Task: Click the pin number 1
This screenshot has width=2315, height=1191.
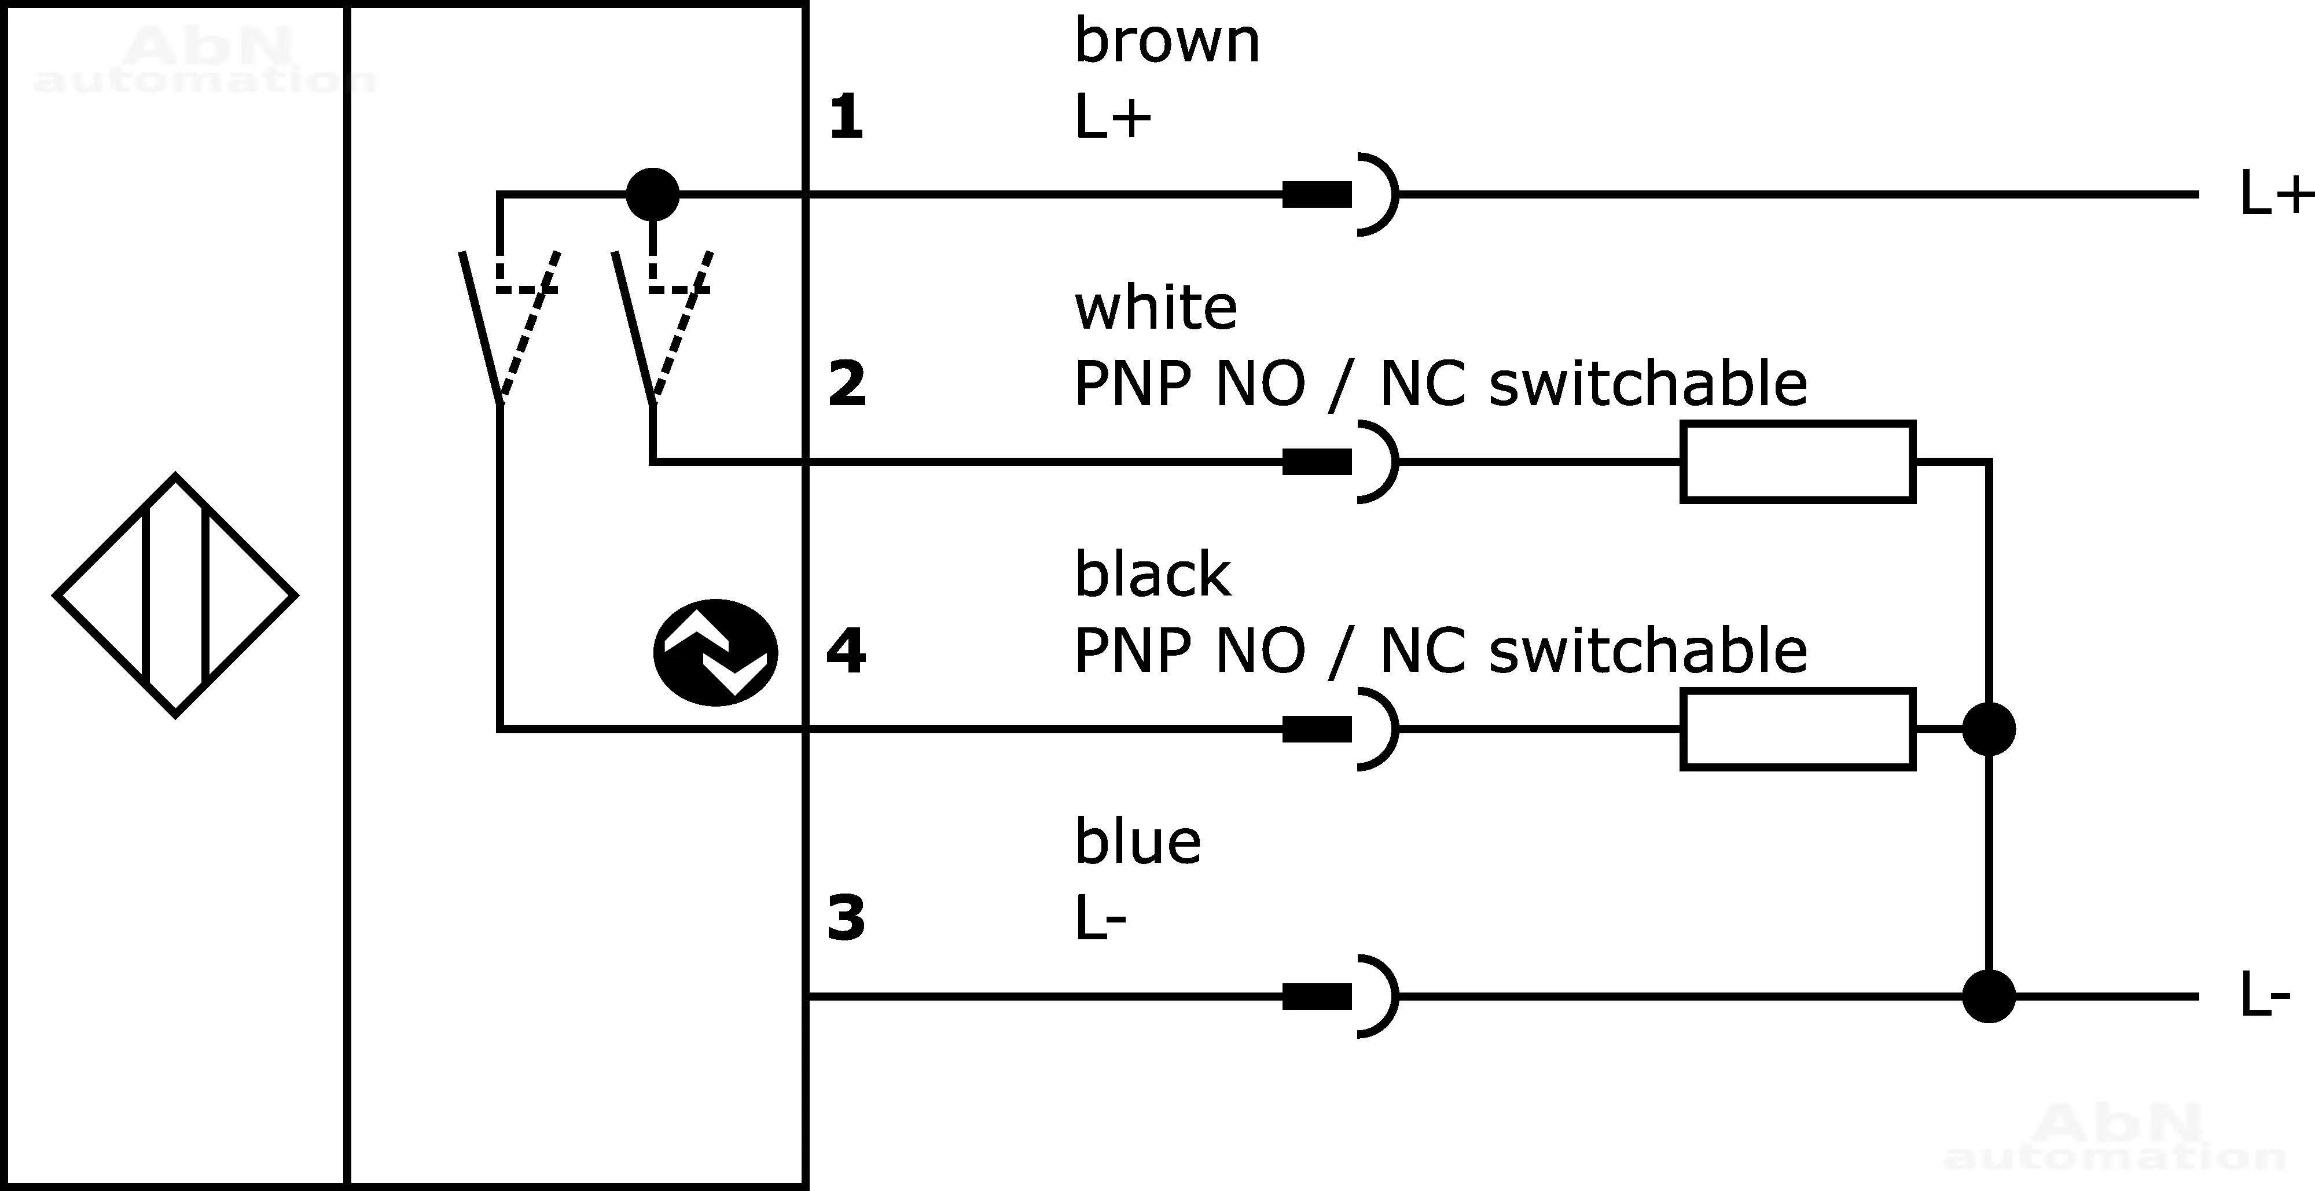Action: point(846,117)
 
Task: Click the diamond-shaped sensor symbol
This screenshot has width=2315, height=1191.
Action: point(175,595)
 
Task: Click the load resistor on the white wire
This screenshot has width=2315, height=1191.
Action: point(1798,462)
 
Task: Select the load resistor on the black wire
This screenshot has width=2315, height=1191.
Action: point(1798,729)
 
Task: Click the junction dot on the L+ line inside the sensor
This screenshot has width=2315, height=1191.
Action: point(652,194)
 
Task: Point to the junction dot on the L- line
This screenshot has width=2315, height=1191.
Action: point(1988,996)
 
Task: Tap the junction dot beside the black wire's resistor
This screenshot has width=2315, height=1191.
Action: point(1988,729)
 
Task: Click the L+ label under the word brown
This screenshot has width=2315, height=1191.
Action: point(1112,117)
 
